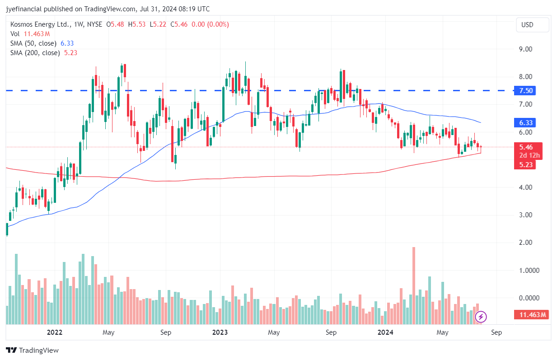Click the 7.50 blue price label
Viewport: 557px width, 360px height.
(x=526, y=91)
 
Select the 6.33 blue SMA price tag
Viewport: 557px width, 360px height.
(x=526, y=122)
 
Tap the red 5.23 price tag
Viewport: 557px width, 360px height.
(x=526, y=165)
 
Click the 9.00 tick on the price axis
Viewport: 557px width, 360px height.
(x=525, y=49)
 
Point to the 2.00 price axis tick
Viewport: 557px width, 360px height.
(x=525, y=243)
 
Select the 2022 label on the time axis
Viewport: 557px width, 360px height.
(x=55, y=333)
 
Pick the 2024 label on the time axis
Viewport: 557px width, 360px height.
(x=385, y=333)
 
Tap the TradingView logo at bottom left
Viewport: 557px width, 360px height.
(x=33, y=350)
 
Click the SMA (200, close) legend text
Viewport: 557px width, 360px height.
(x=35, y=53)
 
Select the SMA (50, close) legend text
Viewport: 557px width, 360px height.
(x=33, y=43)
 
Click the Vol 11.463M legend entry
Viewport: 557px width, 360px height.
(x=30, y=34)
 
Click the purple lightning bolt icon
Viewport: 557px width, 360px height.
(x=481, y=317)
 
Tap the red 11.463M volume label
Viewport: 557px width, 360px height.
(x=531, y=315)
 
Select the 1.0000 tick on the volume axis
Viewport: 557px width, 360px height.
(x=527, y=271)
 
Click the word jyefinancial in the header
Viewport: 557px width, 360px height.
(x=24, y=9)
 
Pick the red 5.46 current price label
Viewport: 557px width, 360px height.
(x=526, y=147)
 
